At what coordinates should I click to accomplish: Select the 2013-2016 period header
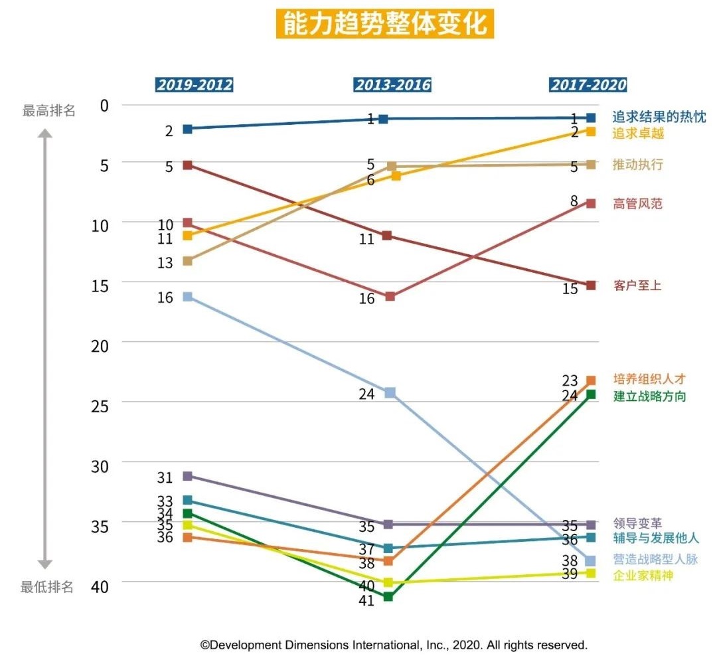[392, 85]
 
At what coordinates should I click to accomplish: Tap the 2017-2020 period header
[588, 85]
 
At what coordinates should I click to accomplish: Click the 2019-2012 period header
[195, 85]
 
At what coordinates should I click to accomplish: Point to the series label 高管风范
[637, 204]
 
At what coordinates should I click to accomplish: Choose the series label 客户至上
[637, 286]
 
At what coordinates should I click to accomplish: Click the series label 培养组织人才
[649, 379]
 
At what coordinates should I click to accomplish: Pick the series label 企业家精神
[643, 575]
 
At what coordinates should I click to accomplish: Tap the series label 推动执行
[637, 165]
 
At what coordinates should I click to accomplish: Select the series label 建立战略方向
[649, 396]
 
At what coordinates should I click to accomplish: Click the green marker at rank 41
[388, 596]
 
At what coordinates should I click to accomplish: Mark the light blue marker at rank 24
[390, 392]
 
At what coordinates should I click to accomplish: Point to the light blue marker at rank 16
[188, 296]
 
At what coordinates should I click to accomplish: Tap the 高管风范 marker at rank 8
[590, 203]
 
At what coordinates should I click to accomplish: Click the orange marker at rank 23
[590, 380]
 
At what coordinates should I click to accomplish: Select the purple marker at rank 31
[188, 476]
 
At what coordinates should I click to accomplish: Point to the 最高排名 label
[48, 111]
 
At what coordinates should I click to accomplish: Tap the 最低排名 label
[47, 587]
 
